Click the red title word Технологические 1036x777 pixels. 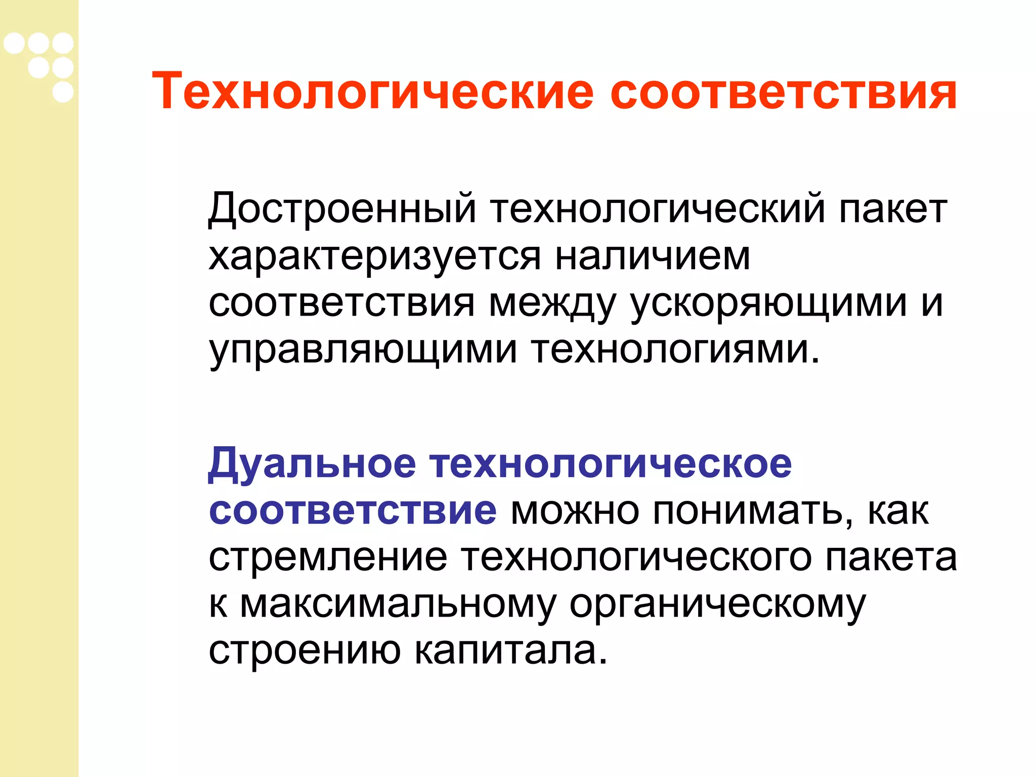pos(372,92)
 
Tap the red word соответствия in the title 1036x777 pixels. pos(783,92)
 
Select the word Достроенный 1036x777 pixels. pos(342,208)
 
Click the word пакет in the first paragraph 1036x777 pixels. pos(893,208)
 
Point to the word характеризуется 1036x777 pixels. pos(375,257)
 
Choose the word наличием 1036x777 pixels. pos(653,256)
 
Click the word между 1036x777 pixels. pos(552,304)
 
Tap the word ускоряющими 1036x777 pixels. pos(768,304)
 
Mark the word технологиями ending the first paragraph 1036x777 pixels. pos(670,350)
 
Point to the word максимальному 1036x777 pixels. pos(398,604)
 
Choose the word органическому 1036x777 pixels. pos(718,604)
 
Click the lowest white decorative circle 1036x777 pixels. pos(63,92)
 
